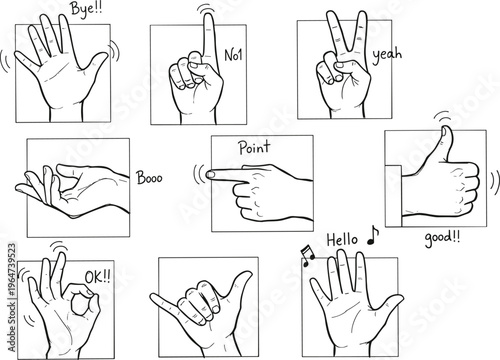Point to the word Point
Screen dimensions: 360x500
click(x=254, y=148)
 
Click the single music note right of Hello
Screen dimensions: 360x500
click(x=373, y=235)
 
